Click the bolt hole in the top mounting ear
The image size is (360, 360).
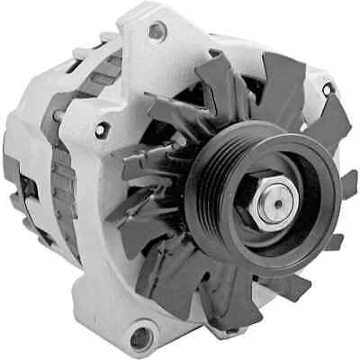[x=157, y=32]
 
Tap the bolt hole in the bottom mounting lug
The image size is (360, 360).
[x=139, y=338]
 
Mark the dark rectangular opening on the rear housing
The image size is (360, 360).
[x=26, y=189]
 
